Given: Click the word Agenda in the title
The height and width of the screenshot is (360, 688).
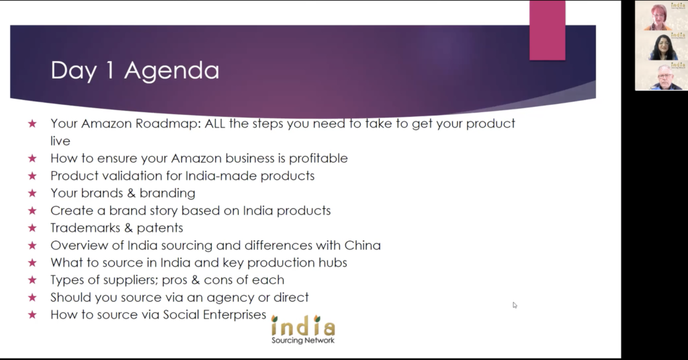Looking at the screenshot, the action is pos(171,71).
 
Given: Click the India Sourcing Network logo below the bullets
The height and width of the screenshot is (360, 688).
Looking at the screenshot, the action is pos(303,329).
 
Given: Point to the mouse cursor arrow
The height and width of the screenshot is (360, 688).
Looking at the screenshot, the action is pos(515,305).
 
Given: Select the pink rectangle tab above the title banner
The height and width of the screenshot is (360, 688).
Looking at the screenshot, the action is pos(547,30).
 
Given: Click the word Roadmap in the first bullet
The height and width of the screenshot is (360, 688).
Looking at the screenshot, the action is pos(168,124).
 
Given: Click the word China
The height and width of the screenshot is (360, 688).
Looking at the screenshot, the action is pos(362,245).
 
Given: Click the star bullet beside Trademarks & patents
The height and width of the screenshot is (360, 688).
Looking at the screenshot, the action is pos(32,228).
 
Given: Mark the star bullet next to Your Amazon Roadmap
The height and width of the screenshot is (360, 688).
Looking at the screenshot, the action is pos(32,124).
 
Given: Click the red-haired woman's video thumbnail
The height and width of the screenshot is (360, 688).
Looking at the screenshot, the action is pos(661,16).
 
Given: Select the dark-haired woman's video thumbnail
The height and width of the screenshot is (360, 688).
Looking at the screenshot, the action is pos(661,46).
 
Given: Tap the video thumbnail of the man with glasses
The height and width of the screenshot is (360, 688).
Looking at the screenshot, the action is pos(661,75).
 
